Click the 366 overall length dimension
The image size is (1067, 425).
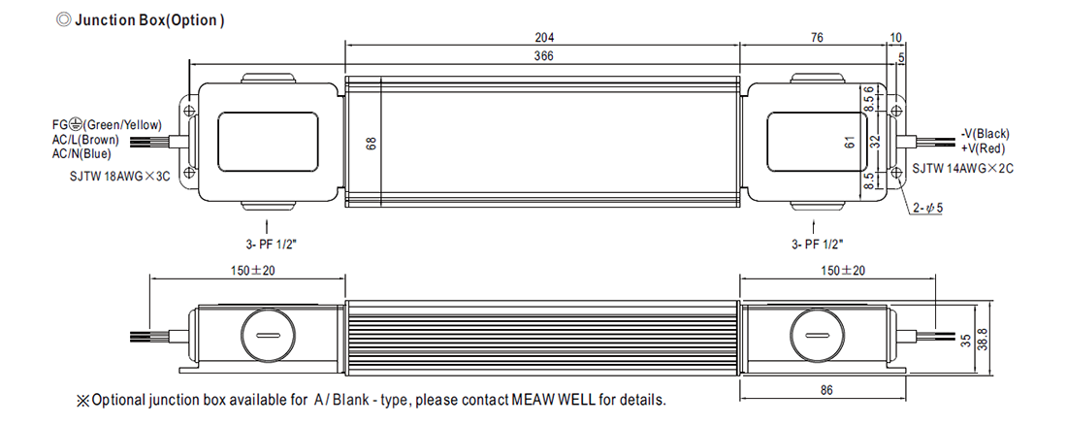click(542, 57)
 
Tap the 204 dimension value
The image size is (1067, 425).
click(542, 38)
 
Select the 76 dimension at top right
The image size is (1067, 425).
click(817, 38)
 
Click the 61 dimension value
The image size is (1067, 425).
click(850, 143)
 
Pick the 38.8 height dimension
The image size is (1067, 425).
click(982, 339)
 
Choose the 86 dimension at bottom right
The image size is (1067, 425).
click(825, 390)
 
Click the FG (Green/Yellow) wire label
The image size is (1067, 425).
click(107, 124)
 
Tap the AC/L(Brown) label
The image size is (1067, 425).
click(85, 140)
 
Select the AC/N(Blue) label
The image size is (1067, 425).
click(81, 154)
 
